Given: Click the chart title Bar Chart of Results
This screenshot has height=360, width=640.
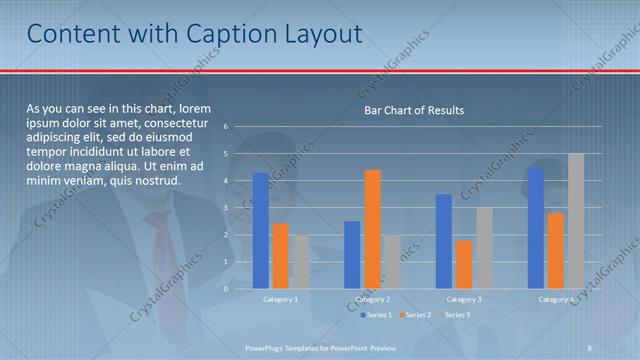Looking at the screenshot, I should click(x=413, y=110).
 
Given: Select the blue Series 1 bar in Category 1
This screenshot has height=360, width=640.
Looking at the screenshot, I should click(x=260, y=230).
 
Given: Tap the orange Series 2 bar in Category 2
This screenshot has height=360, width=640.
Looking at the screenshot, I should click(x=372, y=229).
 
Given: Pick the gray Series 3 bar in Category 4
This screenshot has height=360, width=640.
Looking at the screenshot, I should click(x=575, y=221).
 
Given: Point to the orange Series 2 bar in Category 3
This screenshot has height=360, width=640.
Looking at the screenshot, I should click(x=464, y=264).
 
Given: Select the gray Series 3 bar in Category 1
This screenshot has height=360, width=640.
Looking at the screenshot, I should click(x=300, y=261).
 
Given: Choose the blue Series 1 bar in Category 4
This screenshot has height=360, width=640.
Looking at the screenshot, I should click(x=536, y=227).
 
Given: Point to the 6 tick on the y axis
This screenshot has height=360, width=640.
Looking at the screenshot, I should click(x=227, y=127).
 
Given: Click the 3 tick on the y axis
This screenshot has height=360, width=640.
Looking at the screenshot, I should click(x=227, y=208).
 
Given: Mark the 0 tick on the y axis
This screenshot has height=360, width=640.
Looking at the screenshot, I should click(x=227, y=289).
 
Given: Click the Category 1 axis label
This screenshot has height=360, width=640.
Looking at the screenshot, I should click(x=280, y=299).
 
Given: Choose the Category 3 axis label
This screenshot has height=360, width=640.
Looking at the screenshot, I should click(x=464, y=299).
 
